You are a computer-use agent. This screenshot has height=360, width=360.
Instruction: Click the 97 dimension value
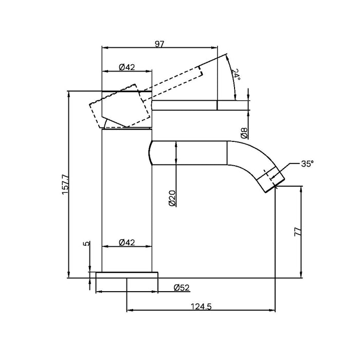(159, 45)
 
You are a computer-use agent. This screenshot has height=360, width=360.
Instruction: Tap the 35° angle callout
(307, 164)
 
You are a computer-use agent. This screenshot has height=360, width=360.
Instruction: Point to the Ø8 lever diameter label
(245, 133)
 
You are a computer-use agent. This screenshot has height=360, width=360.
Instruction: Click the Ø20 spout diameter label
(172, 198)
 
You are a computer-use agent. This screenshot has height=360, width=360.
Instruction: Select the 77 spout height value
(297, 232)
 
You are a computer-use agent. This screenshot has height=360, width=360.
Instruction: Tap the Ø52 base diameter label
(183, 287)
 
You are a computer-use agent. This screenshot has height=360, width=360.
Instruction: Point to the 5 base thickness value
(87, 244)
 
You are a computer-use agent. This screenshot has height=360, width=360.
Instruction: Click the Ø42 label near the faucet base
(127, 242)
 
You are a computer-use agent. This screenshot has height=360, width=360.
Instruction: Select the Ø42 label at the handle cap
(127, 67)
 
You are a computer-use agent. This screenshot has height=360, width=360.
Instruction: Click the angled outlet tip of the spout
(272, 180)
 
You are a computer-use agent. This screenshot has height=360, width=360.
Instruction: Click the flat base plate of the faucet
(127, 275)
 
